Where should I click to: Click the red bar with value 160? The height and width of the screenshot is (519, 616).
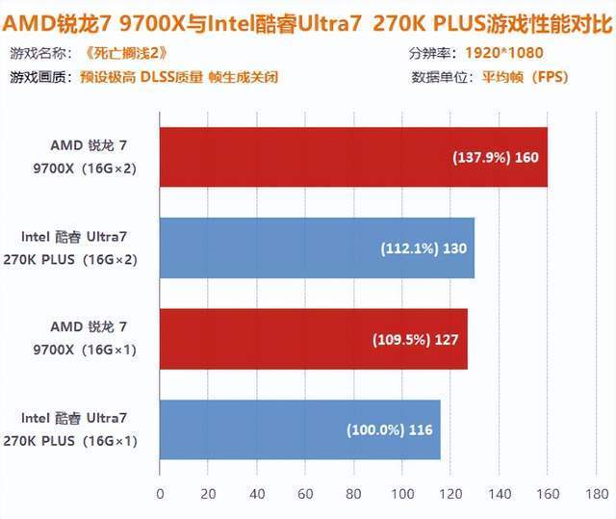(x=353, y=157)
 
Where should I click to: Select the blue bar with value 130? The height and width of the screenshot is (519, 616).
(x=317, y=247)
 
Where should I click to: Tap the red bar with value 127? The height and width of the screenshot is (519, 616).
(x=314, y=339)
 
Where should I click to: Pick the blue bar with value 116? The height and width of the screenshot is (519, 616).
(x=300, y=429)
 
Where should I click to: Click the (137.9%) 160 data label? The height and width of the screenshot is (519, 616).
(x=496, y=158)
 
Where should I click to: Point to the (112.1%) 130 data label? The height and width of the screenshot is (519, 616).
(x=423, y=248)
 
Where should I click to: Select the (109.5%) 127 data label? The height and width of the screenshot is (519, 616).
(x=415, y=340)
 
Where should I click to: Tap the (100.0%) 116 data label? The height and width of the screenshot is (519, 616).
(x=389, y=429)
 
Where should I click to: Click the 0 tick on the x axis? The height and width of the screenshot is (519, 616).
(x=160, y=494)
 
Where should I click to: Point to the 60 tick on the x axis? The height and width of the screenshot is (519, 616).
(x=305, y=494)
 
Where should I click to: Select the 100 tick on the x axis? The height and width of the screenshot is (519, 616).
(x=402, y=494)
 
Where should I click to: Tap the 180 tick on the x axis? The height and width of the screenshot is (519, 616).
(x=597, y=494)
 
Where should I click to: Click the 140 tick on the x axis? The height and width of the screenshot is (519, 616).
(x=500, y=494)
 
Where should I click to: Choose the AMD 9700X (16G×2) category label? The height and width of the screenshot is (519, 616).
(x=85, y=157)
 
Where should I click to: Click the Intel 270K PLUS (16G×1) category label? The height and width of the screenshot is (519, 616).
(x=70, y=429)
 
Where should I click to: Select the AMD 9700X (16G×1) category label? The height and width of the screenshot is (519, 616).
(x=85, y=338)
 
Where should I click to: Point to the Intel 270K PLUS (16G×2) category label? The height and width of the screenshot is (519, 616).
(x=70, y=247)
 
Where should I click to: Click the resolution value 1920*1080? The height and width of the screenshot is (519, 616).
(x=504, y=53)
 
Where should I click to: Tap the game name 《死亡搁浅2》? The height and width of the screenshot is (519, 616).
(x=126, y=53)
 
